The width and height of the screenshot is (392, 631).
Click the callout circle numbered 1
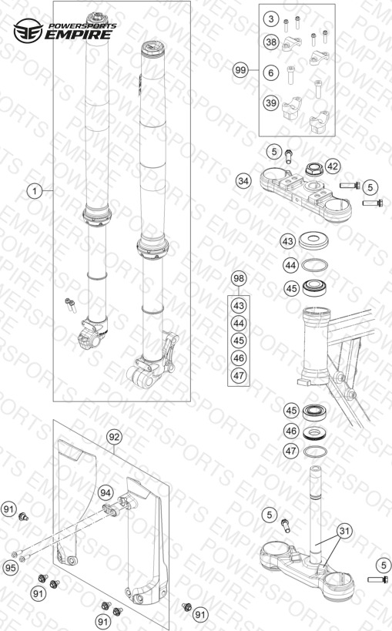pyautogui.click(x=35, y=191)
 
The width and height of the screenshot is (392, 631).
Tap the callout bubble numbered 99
pyautogui.click(x=240, y=70)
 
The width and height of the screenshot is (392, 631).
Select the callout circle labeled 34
pyautogui.click(x=243, y=181)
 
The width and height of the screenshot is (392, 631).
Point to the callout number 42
pyautogui.click(x=333, y=166)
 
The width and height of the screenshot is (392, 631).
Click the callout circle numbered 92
pyautogui.click(x=114, y=437)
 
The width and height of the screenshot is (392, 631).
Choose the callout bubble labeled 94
pyautogui.click(x=106, y=493)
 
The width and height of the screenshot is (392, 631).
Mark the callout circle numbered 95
pyautogui.click(x=11, y=567)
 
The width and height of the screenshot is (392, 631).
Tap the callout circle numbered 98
pyautogui.click(x=239, y=278)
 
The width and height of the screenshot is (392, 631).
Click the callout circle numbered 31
pyautogui.click(x=344, y=531)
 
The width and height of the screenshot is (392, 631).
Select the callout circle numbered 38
pyautogui.click(x=271, y=42)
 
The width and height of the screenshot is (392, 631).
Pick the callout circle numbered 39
pyautogui.click(x=271, y=103)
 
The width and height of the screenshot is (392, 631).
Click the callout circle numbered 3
pyautogui.click(x=271, y=18)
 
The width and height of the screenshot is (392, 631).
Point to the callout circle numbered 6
pyautogui.click(x=271, y=73)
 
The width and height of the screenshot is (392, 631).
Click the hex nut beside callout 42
pyautogui.click(x=314, y=169)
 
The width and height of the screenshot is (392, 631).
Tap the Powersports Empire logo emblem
pyautogui.click(x=28, y=31)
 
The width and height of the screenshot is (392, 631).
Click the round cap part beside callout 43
pyautogui.click(x=313, y=240)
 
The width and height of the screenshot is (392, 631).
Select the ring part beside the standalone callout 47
pyautogui.click(x=315, y=451)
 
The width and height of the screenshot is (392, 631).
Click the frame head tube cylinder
pyautogui.click(x=317, y=346)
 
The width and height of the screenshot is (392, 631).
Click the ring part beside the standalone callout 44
pyautogui.click(x=314, y=266)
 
